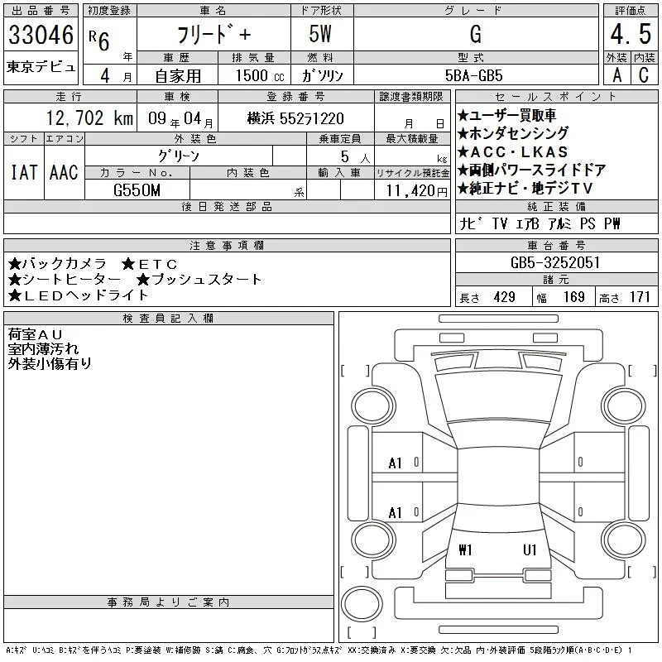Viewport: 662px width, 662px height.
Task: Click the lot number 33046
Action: click(x=41, y=35)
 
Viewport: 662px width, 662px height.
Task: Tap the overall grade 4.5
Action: click(x=631, y=34)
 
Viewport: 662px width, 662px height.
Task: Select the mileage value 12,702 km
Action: click(x=89, y=118)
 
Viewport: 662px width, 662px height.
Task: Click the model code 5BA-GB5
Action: click(x=473, y=75)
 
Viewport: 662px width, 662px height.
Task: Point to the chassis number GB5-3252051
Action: click(x=554, y=262)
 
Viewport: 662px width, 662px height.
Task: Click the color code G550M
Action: click(x=137, y=190)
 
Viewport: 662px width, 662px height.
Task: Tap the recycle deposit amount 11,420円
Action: click(x=416, y=191)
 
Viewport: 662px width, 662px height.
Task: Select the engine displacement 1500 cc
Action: click(x=260, y=75)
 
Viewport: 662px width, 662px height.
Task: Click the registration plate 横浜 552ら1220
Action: click(x=295, y=118)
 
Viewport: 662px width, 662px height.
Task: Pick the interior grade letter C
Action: click(x=644, y=75)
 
